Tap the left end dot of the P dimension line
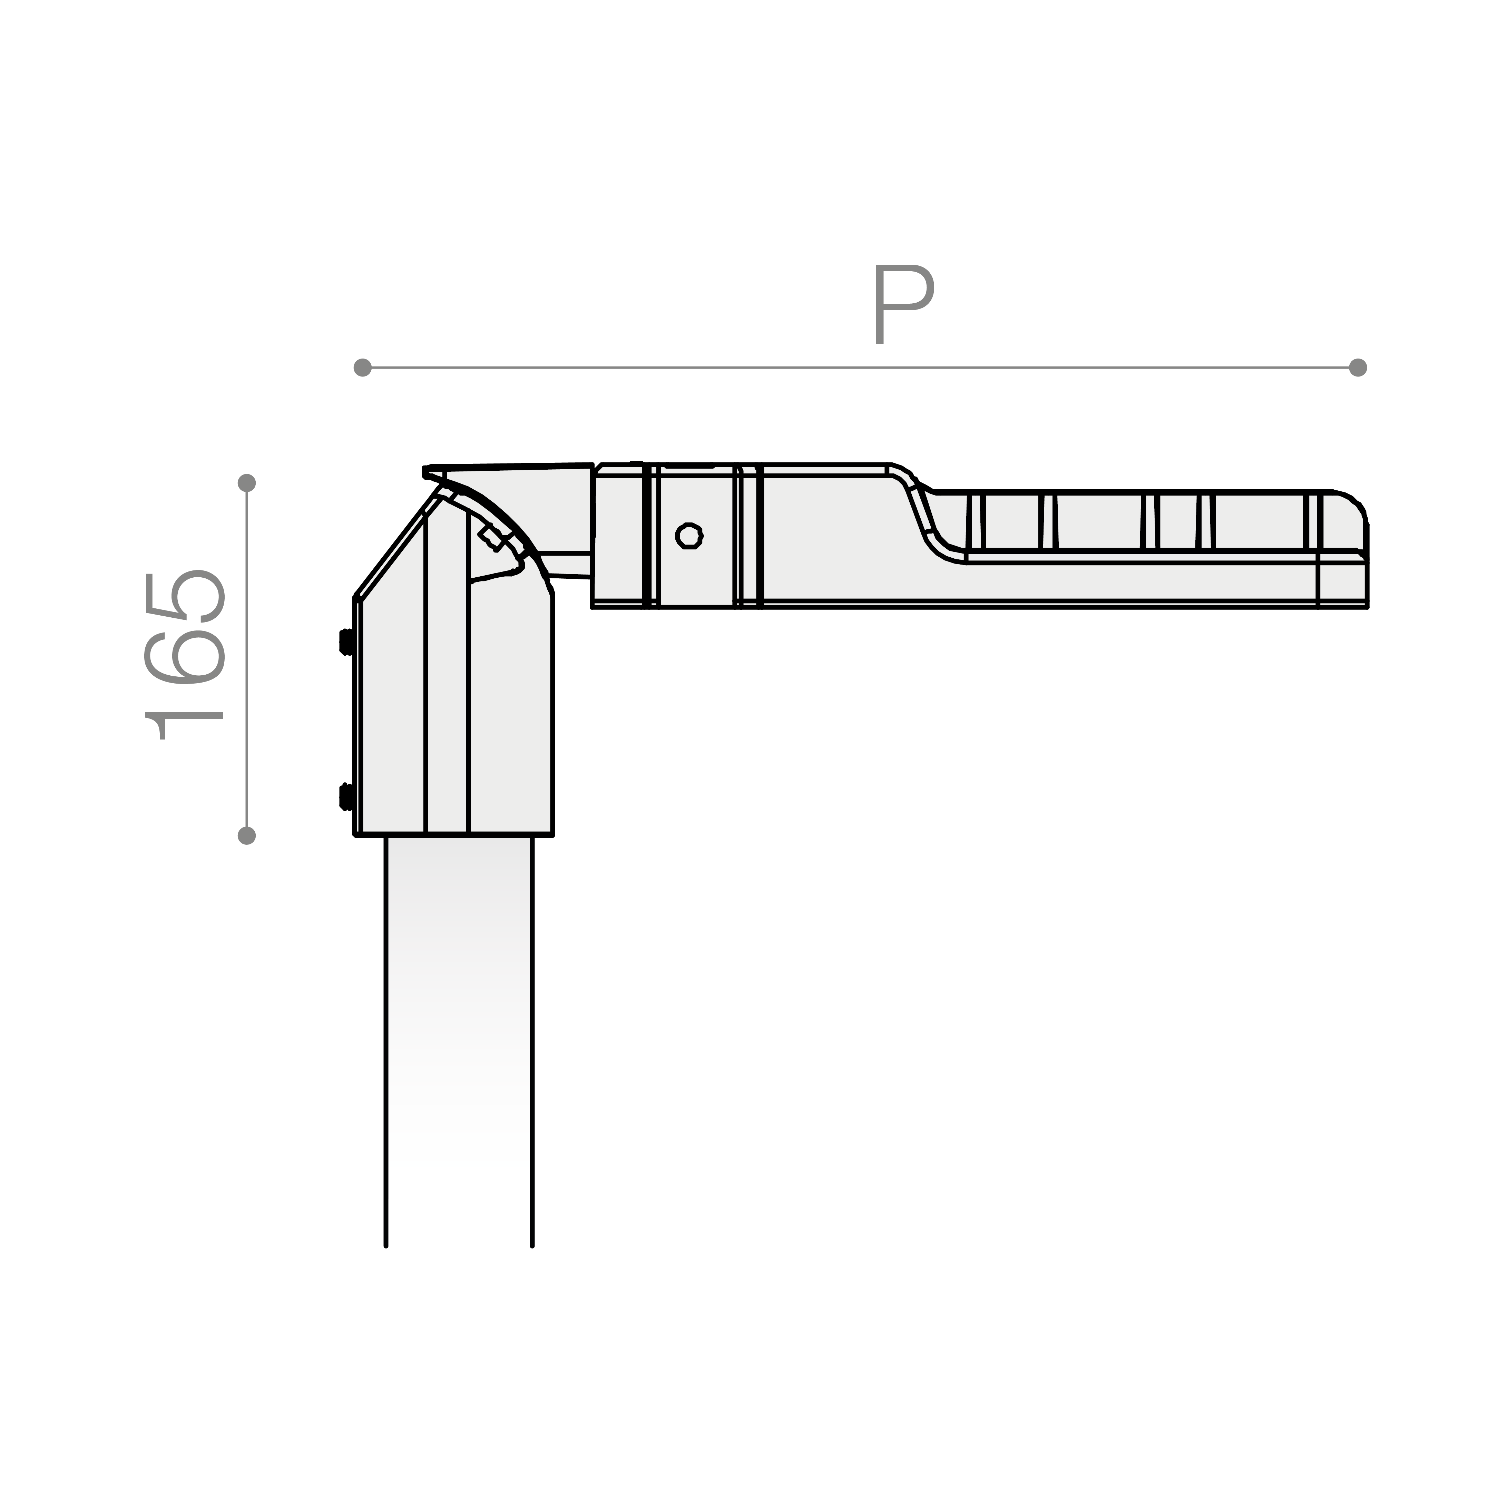(362, 368)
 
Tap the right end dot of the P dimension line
(1358, 368)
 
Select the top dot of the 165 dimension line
(247, 483)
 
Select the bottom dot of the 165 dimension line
(247, 835)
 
